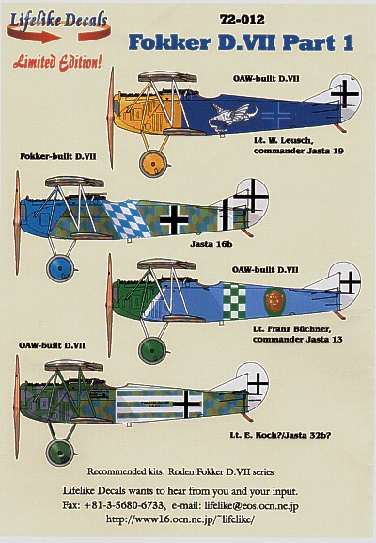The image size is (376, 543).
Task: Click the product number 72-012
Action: tap(243, 20)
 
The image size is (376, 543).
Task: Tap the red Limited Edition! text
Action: tap(57, 62)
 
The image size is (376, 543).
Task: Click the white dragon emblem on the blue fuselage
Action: tap(232, 116)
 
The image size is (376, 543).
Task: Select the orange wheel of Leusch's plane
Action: tap(153, 164)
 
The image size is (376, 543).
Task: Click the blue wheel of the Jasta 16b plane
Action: tap(60, 268)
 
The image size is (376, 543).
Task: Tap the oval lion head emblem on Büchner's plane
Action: tap(275, 301)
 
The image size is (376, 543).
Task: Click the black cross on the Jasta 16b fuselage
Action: tap(174, 219)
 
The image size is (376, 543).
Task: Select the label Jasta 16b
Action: tap(211, 244)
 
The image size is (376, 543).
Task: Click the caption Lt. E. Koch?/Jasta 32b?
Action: tap(280, 435)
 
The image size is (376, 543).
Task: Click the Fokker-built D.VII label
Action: tap(57, 156)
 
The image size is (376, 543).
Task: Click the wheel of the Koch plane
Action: tap(60, 453)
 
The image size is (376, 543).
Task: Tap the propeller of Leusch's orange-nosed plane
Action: tap(111, 118)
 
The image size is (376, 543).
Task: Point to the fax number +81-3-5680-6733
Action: tap(123, 505)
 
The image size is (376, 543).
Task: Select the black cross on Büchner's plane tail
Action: tap(350, 282)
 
